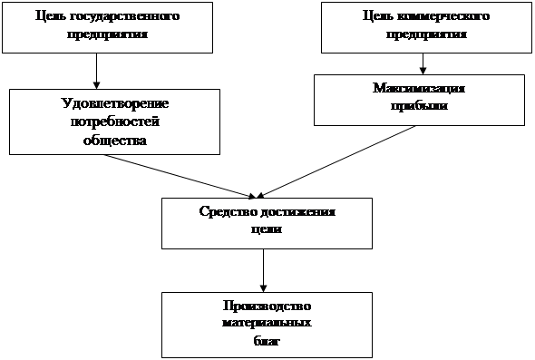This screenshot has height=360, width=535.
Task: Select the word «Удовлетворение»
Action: click(115, 103)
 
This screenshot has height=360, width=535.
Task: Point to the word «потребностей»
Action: click(115, 122)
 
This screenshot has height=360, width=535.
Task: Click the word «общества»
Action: click(115, 140)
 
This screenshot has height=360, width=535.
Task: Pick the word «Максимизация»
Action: click(419, 88)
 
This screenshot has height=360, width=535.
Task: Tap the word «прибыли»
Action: click(419, 106)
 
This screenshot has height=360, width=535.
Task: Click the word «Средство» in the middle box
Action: click(229, 211)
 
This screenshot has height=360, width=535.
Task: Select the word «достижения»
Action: click(297, 211)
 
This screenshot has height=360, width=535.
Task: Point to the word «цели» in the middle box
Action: click(267, 229)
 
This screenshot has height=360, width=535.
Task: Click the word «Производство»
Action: click(267, 306)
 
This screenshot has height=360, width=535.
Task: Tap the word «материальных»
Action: click(267, 323)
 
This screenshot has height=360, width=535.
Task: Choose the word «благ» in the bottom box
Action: click(267, 341)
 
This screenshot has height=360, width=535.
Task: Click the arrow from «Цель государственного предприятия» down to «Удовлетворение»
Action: click(96, 71)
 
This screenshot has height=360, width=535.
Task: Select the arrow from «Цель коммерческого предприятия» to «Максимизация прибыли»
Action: click(423, 63)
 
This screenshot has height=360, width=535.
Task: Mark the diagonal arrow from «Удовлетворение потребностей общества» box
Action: click(180, 176)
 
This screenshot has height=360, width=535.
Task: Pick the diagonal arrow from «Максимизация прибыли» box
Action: click(336, 161)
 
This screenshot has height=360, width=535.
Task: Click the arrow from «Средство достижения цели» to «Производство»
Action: click(263, 270)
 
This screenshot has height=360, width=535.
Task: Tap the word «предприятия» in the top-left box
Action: click(107, 34)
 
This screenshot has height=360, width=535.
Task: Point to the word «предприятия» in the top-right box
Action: click(426, 34)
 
